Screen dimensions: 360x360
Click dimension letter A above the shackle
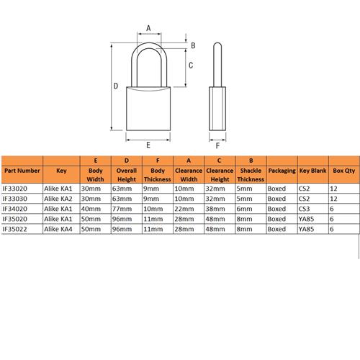[148, 28]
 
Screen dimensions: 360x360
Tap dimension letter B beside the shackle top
[192, 45]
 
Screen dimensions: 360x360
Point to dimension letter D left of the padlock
[115, 87]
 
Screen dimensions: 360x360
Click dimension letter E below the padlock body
[148, 145]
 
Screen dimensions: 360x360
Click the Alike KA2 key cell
[58, 197]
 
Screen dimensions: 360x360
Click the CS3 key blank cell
[305, 207]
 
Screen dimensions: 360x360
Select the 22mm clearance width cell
[184, 207]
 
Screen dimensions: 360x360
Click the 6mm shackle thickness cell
[245, 207]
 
